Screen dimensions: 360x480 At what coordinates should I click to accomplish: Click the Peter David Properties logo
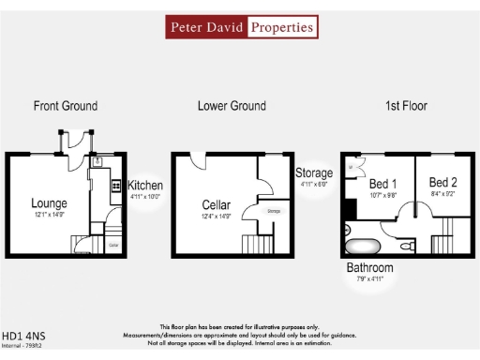click(x=240, y=27)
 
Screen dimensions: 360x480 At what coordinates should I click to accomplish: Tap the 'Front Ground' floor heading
click(x=66, y=106)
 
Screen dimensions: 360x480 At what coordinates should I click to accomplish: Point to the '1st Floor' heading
click(x=406, y=106)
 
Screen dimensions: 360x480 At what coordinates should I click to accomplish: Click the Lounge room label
click(x=49, y=202)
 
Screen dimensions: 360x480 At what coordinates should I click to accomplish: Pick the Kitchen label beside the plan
click(x=145, y=186)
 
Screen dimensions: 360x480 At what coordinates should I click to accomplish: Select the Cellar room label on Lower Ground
click(x=217, y=204)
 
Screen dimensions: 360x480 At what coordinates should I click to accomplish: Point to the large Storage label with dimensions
click(x=314, y=173)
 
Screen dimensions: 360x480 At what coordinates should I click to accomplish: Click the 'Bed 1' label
click(x=382, y=183)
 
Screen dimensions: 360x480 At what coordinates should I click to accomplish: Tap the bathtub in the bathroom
click(x=362, y=247)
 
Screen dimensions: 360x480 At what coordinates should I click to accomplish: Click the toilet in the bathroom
click(x=407, y=247)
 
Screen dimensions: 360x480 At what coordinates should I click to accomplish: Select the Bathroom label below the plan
click(x=369, y=269)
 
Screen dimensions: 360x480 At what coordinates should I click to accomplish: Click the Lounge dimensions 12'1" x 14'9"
click(x=49, y=216)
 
